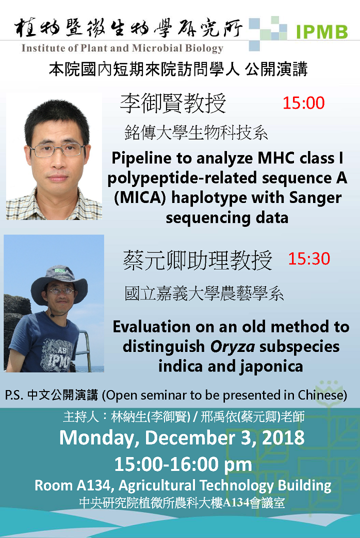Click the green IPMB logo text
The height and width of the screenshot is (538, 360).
(321, 32)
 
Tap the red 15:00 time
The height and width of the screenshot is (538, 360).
(303, 103)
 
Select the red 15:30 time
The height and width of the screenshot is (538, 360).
(309, 258)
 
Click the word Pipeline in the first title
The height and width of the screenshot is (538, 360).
(141, 158)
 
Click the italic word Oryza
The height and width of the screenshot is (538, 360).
(232, 346)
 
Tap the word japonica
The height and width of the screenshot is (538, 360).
(271, 366)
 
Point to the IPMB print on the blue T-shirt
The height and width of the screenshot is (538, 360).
(58, 360)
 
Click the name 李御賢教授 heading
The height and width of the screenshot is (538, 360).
(173, 103)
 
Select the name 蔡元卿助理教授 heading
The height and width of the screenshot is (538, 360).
(197, 260)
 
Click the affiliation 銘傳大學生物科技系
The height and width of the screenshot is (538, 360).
(196, 133)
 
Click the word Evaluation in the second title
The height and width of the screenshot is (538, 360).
(151, 327)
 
